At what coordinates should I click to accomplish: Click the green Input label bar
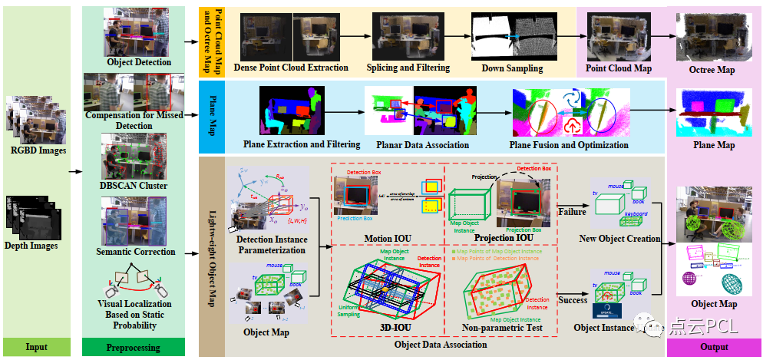(x=36, y=347)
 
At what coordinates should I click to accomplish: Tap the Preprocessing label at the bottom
(x=134, y=347)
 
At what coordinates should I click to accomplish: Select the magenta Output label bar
(x=714, y=347)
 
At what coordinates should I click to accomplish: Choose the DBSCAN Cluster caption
(x=134, y=186)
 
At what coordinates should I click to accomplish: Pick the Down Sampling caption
(x=512, y=68)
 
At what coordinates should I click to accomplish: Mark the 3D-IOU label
(x=385, y=328)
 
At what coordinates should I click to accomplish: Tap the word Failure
(x=572, y=211)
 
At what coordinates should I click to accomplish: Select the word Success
(x=573, y=302)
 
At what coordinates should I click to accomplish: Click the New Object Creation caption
(x=620, y=239)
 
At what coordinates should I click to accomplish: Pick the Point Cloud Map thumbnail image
(x=618, y=37)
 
